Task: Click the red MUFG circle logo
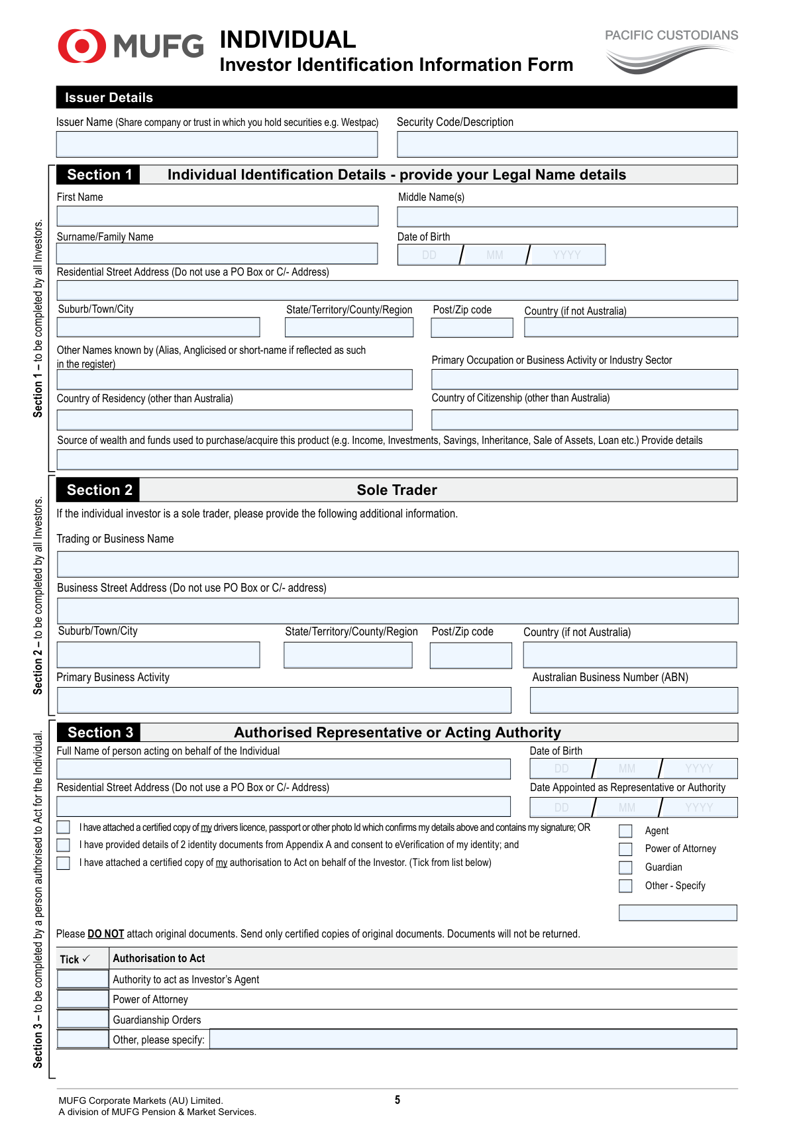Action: click(x=81, y=46)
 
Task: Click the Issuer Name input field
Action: click(x=217, y=144)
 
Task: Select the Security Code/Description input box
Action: click(x=566, y=144)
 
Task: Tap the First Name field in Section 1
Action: click(x=217, y=216)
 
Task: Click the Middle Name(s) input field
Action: click(x=566, y=217)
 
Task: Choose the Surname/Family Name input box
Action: click(x=217, y=254)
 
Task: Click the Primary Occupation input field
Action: click(x=584, y=380)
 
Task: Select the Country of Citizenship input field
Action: click(x=584, y=419)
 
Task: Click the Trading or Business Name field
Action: click(x=397, y=564)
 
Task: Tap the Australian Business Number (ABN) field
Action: click(x=633, y=700)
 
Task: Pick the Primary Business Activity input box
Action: click(x=284, y=700)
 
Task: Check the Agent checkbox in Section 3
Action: click(x=625, y=831)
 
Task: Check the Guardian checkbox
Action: click(x=625, y=867)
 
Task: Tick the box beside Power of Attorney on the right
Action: click(x=625, y=849)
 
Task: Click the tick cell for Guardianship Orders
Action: click(x=83, y=1019)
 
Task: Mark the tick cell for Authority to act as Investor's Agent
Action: click(x=83, y=979)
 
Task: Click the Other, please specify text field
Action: click(x=473, y=1039)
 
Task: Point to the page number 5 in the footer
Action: click(x=397, y=1100)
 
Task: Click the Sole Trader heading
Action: click(x=397, y=490)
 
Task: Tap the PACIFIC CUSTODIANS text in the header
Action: click(x=671, y=36)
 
